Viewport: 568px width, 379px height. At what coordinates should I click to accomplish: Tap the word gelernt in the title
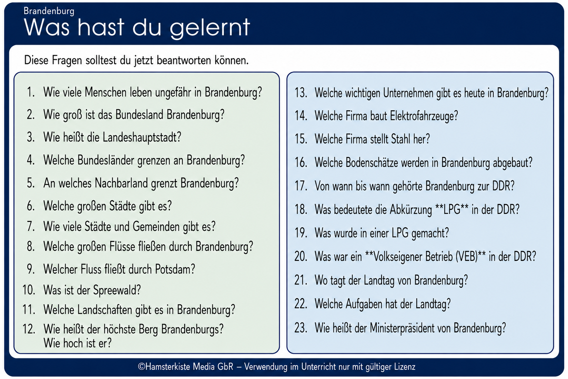[210, 28]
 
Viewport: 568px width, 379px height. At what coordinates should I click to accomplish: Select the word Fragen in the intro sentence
[67, 61]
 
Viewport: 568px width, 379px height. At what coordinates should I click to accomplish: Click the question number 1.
[31, 92]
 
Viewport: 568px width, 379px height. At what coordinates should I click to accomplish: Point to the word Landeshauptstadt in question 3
[142, 138]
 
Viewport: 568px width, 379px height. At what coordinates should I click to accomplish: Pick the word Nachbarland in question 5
[123, 183]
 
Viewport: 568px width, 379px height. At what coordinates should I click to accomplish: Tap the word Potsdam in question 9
[175, 269]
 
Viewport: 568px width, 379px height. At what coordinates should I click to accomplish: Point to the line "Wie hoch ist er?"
[77, 343]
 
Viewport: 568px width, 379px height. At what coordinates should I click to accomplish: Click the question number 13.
[301, 93]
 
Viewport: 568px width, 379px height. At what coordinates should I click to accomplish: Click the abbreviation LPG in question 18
[452, 210]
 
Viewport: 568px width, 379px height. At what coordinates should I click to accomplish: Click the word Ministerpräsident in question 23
[410, 328]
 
